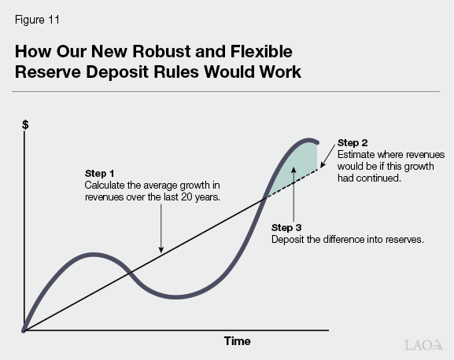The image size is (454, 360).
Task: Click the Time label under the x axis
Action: (236, 341)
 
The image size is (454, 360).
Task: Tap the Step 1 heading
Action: (99, 173)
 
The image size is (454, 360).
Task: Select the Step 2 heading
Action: (352, 142)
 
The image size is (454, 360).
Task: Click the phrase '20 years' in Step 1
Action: (201, 197)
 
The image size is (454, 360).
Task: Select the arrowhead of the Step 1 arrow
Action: (161, 251)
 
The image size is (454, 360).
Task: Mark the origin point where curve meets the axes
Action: (25, 329)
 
